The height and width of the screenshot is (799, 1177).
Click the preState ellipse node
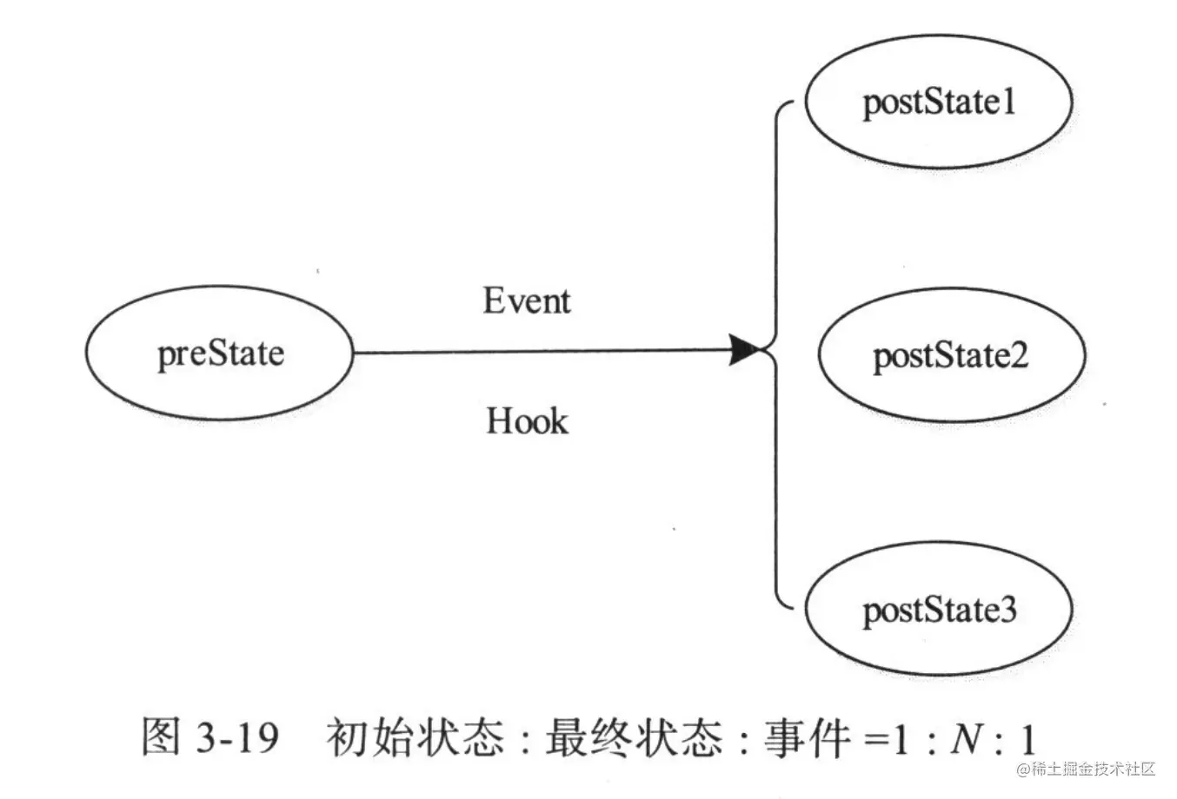pyautogui.click(x=220, y=353)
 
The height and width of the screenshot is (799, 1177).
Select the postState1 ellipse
pyautogui.click(x=939, y=102)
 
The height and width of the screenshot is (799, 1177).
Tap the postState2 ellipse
pyautogui.click(x=951, y=355)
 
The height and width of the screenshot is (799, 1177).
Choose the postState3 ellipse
pyautogui.click(x=939, y=610)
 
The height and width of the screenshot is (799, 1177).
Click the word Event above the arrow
pyautogui.click(x=527, y=300)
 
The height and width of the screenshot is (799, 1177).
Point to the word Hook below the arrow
pyautogui.click(x=527, y=421)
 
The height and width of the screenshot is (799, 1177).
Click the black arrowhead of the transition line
pyautogui.click(x=747, y=350)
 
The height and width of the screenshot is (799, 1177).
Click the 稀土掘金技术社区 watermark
pyautogui.click(x=1086, y=769)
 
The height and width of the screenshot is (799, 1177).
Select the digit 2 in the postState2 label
pyautogui.click(x=1019, y=356)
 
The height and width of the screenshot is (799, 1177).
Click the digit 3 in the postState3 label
pyautogui.click(x=1007, y=611)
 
